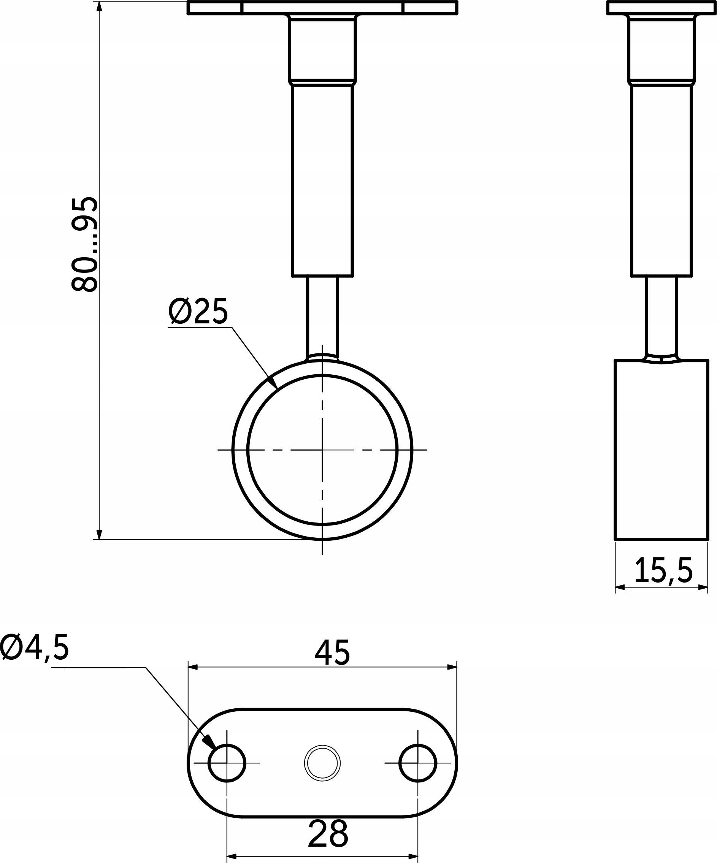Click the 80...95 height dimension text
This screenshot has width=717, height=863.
pyautogui.click(x=85, y=244)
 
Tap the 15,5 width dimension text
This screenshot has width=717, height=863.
pyautogui.click(x=663, y=570)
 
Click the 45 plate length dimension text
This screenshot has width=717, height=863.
pyautogui.click(x=332, y=652)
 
